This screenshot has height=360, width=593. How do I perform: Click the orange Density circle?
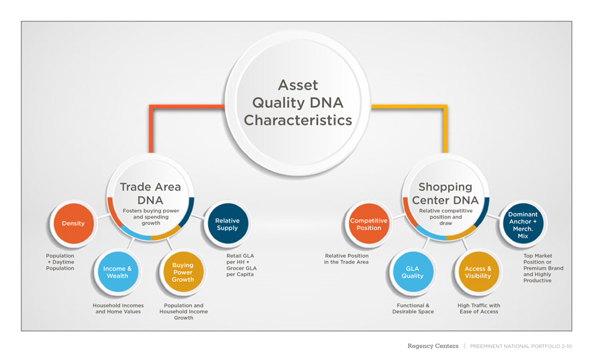click(x=73, y=223)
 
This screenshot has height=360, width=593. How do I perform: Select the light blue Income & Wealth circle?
click(x=117, y=272)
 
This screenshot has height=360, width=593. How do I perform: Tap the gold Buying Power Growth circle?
click(x=183, y=272)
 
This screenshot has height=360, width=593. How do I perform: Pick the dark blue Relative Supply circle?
click(x=227, y=224)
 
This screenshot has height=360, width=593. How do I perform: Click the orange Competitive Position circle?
click(x=369, y=224)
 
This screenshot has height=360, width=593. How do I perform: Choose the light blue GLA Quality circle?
click(x=412, y=272)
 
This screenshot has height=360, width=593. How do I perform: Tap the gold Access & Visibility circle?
click(x=478, y=272)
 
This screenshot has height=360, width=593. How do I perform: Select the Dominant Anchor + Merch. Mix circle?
click(x=523, y=225)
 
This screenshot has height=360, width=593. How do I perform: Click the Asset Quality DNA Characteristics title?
click(x=298, y=103)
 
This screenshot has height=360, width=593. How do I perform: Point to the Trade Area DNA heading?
click(x=150, y=193)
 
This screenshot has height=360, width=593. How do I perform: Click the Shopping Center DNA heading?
click(x=445, y=193)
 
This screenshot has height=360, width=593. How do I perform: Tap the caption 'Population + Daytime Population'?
click(x=60, y=262)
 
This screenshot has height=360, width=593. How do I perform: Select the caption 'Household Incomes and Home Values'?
click(x=118, y=309)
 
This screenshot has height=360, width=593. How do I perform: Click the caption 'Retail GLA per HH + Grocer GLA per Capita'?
click(x=241, y=265)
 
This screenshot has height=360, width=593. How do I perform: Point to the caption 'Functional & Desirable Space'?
click(x=413, y=309)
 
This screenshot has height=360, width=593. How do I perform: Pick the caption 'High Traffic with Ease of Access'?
click(x=478, y=309)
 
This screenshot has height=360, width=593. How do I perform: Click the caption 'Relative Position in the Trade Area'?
click(x=346, y=259)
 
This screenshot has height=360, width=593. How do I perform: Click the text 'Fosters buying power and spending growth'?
click(x=151, y=216)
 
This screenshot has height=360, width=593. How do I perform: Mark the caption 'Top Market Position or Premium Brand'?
click(x=542, y=262)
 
